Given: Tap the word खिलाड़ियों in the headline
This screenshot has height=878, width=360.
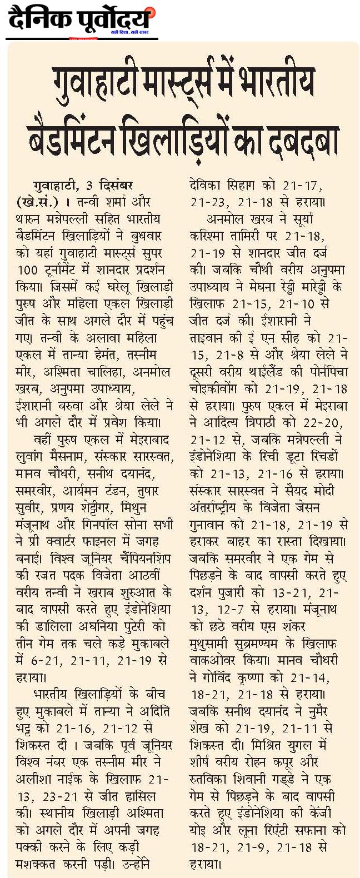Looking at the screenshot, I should pyautogui.click(x=183, y=134).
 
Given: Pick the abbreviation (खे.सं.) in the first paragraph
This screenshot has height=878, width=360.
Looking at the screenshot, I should pyautogui.click(x=38, y=200).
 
